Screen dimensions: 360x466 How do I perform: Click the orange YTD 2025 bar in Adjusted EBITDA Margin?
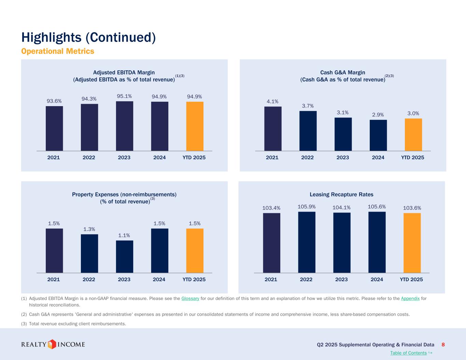pyautogui.click(x=195, y=126)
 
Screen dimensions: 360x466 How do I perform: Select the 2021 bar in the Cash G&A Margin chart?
pyautogui.click(x=273, y=129)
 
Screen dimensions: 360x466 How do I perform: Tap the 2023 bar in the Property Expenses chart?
pyautogui.click(x=124, y=257)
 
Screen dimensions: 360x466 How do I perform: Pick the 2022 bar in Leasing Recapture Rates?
pyautogui.click(x=307, y=242)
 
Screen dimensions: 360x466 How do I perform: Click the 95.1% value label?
pyautogui.click(x=124, y=96)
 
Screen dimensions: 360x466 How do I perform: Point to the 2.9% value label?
pyautogui.click(x=378, y=115)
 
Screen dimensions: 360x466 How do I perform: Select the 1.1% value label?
pyautogui.click(x=124, y=235)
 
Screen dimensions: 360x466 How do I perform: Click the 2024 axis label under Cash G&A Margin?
pyautogui.click(x=378, y=157)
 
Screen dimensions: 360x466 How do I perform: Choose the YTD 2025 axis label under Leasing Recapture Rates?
pyautogui.click(x=411, y=279)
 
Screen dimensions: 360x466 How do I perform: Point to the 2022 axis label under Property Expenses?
pyautogui.click(x=89, y=279)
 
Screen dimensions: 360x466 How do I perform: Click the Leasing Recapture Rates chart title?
pyautogui.click(x=341, y=195)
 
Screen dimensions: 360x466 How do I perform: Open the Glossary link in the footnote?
pyautogui.click(x=190, y=299)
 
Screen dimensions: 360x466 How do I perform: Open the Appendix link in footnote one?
pyautogui.click(x=410, y=299)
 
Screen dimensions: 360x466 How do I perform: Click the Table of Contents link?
pyautogui.click(x=408, y=353)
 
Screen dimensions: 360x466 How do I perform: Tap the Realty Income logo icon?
pyautogui.click(x=52, y=344)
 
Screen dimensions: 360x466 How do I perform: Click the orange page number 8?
pyautogui.click(x=443, y=345)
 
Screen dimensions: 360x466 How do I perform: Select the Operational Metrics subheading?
pyautogui.click(x=57, y=51)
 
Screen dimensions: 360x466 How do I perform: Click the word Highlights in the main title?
pyautogui.click(x=52, y=37)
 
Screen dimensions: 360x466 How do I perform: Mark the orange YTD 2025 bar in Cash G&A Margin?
pyautogui.click(x=413, y=134)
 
